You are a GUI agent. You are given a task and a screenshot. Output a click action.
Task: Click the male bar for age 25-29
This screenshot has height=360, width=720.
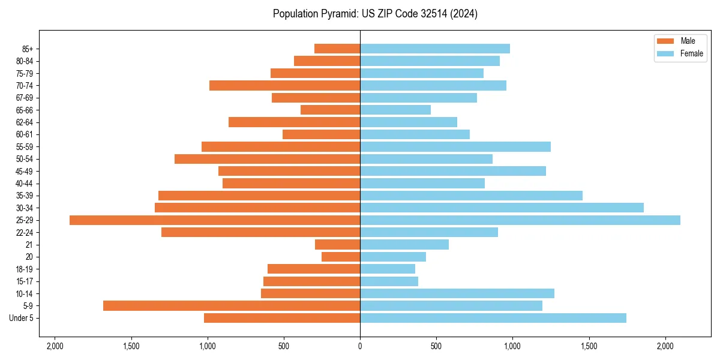[x=215, y=220]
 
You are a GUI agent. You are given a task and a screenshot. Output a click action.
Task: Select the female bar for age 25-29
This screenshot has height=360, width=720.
[x=520, y=220]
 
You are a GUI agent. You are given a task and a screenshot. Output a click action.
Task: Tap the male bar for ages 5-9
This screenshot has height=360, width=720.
[x=232, y=306]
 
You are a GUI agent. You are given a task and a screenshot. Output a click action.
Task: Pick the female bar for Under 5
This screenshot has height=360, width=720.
[x=493, y=318]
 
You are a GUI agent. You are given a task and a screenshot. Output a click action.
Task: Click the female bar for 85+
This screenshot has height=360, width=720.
[x=435, y=49]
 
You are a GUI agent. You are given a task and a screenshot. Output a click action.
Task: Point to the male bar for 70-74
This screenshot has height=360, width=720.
[x=284, y=85]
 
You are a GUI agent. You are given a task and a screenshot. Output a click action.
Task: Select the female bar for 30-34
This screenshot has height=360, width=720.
[x=502, y=208]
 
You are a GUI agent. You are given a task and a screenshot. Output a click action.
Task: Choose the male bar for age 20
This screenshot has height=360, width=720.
[x=341, y=257]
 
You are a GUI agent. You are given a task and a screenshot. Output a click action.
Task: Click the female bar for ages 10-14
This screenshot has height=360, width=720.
[x=457, y=293]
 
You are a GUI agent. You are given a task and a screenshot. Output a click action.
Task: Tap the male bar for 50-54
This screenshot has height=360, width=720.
[x=267, y=159]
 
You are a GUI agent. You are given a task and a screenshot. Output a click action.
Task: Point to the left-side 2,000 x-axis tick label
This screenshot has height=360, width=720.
[x=55, y=346]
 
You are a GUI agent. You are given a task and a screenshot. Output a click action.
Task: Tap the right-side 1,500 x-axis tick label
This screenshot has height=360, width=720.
[x=589, y=346]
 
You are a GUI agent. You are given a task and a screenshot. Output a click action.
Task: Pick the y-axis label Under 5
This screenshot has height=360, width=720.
[x=22, y=318]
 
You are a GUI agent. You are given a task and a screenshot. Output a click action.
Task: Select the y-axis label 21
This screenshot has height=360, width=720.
[x=29, y=245]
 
